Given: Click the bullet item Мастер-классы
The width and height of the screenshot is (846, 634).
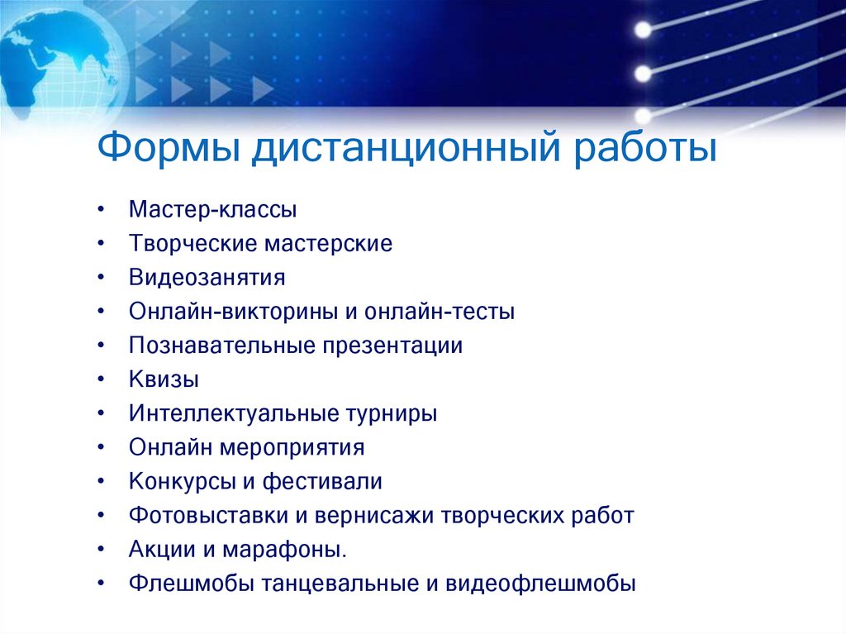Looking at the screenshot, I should point(212,210).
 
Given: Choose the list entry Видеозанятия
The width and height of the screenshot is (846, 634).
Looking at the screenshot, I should point(207,278).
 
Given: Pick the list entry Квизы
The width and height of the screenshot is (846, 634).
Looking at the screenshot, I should point(164,379).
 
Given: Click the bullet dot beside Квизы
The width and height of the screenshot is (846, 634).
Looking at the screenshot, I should point(100,380).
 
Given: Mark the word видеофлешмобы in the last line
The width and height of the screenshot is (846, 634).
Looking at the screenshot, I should point(541,584).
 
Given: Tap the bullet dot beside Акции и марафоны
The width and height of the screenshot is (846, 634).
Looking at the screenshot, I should point(100,550).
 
